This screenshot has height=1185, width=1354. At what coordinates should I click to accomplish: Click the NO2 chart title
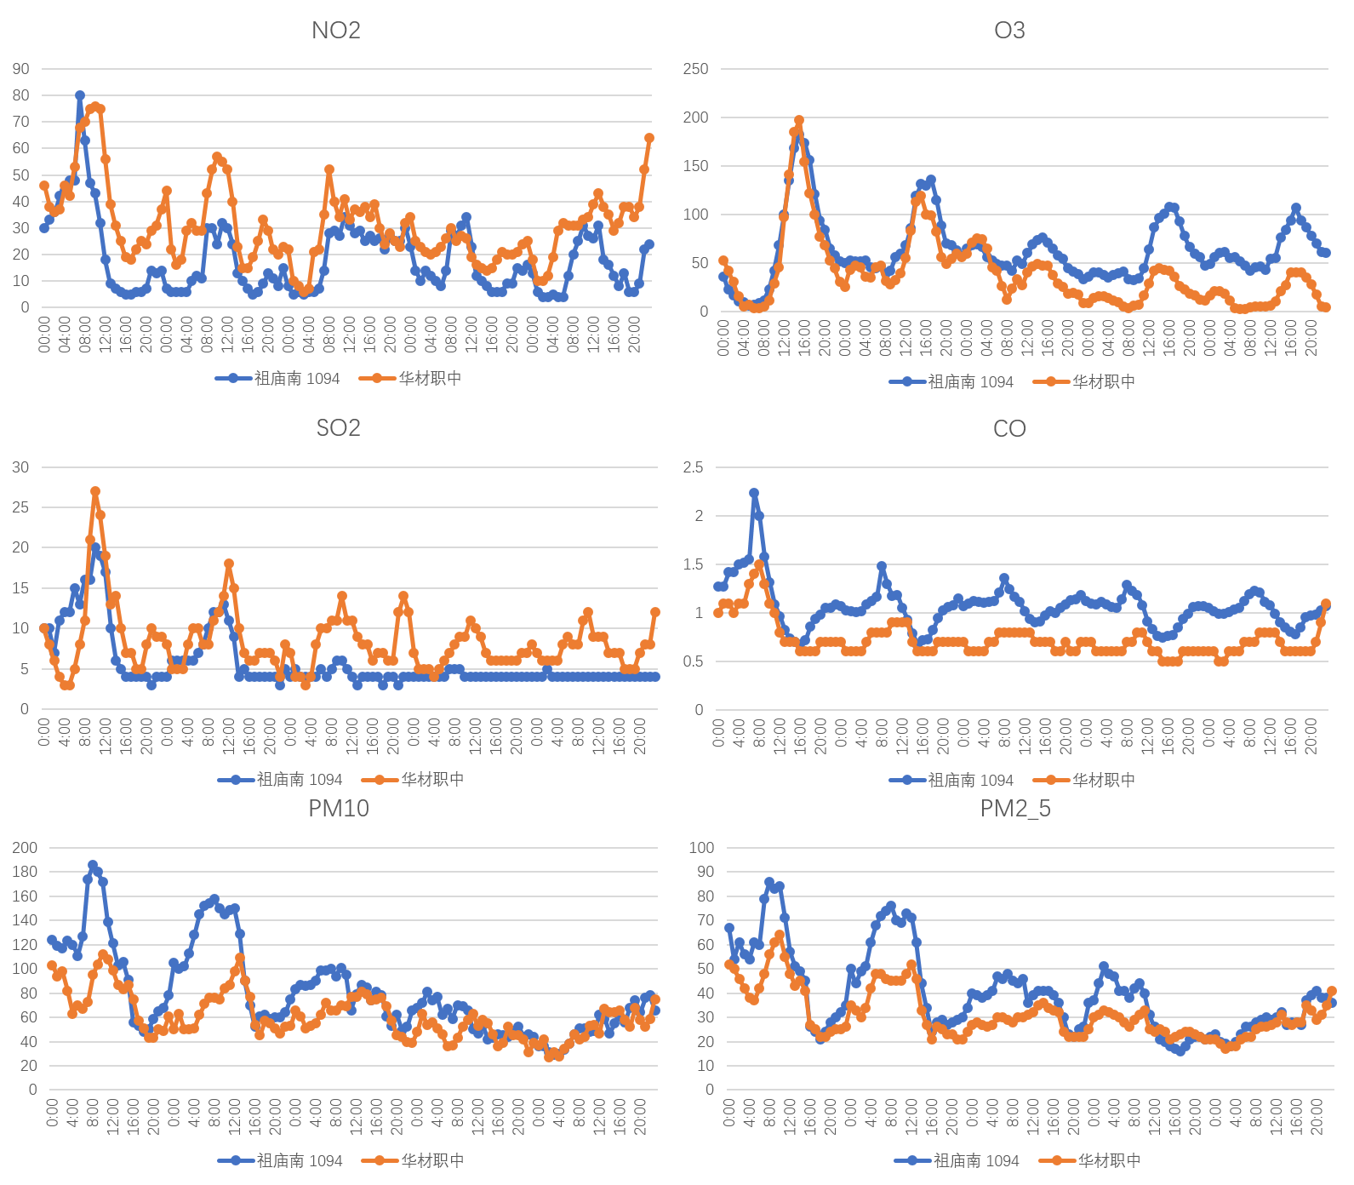[336, 31]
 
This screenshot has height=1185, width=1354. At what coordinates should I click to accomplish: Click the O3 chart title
[1009, 31]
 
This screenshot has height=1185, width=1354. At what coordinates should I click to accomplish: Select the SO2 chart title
[338, 427]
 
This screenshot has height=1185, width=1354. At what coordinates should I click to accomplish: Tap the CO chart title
[1009, 428]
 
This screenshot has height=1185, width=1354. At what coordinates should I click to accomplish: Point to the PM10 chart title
[338, 808]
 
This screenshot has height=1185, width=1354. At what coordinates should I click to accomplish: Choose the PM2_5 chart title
[1014, 808]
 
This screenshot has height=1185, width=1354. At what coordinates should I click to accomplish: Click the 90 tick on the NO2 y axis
[20, 69]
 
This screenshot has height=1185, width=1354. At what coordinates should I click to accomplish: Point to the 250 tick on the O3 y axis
[695, 69]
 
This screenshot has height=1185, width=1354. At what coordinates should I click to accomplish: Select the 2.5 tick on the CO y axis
[694, 467]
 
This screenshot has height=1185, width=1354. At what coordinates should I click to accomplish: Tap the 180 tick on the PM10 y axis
[25, 872]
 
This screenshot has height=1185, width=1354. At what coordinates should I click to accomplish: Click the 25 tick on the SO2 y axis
[20, 507]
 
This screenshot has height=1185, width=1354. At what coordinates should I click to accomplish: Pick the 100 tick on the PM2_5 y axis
[701, 848]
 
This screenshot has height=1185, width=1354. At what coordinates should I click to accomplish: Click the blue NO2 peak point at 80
[80, 95]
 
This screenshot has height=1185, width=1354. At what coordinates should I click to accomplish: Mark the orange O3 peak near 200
[799, 121]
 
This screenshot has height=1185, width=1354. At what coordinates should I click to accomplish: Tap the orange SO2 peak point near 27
[95, 491]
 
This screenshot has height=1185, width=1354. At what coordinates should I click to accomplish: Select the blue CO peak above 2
[754, 493]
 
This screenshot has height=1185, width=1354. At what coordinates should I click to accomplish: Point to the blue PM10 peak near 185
[93, 865]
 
